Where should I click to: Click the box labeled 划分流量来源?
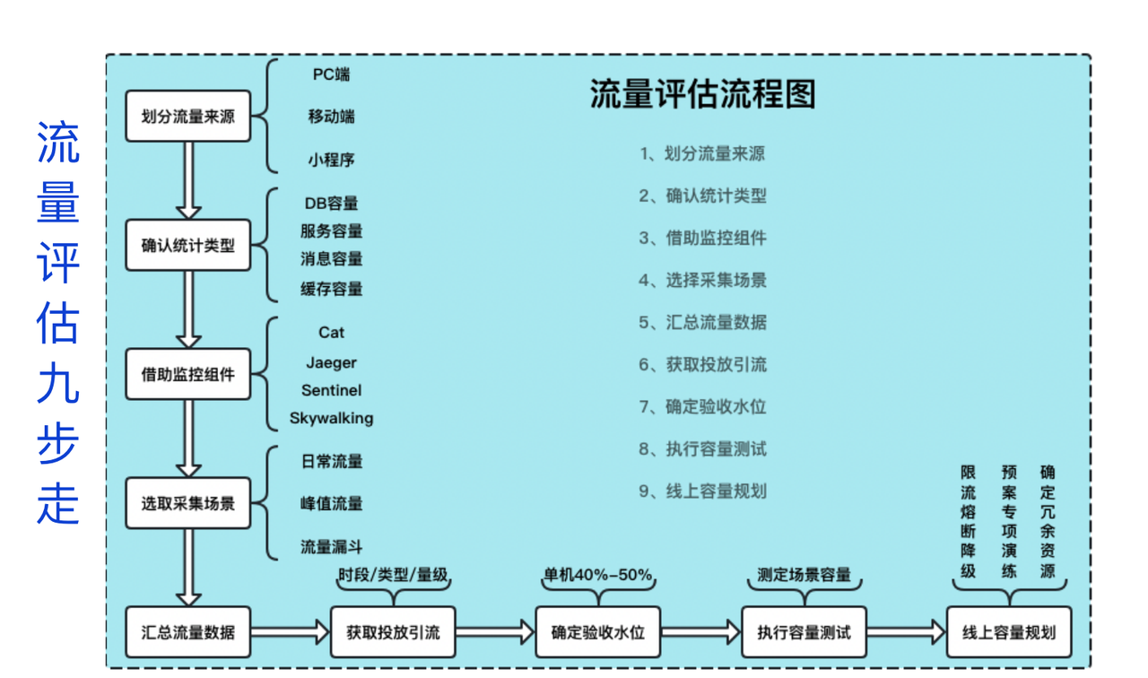pos(187,117)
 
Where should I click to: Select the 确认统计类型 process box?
pos(187,245)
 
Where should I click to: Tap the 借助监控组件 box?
pos(187,374)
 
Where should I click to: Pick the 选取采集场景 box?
pos(187,503)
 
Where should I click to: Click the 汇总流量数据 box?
pos(187,632)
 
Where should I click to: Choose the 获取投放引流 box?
pos(393,632)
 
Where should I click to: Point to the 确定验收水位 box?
pos(597,632)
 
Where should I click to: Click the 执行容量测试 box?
pos(804,632)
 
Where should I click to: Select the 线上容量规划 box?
pos(1009,632)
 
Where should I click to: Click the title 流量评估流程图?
pos(702,94)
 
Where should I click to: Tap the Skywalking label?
pos(331,418)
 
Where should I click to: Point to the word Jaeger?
pos(331,362)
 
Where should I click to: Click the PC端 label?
pos(331,74)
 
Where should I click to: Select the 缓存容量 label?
pos(331,289)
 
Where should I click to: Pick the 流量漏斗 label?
pos(331,547)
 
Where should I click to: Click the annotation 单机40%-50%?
pos(597,575)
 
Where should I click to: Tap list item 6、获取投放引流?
pos(702,364)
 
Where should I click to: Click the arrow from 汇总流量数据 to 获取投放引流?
pos(290,632)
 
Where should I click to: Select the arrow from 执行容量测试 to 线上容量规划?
pos(906,632)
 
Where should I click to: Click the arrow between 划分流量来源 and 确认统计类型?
pos(187,179)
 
